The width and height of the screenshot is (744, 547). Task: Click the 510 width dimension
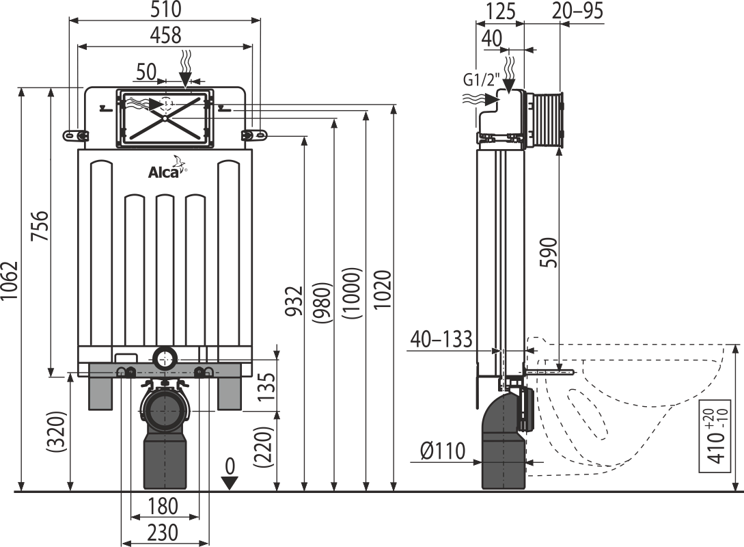pyautogui.click(x=165, y=9)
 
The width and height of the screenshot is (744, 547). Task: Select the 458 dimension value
pyautogui.click(x=165, y=35)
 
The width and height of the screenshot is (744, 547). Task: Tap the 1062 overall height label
pyautogui.click(x=9, y=280)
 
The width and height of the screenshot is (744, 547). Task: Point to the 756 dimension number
pyautogui.click(x=40, y=226)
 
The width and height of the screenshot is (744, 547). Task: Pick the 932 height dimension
pyautogui.click(x=294, y=301)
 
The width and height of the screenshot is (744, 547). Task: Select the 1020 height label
pyautogui.click(x=383, y=290)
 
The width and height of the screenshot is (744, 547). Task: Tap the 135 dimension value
pyautogui.click(x=268, y=386)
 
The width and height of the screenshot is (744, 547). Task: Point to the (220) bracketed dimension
pyautogui.click(x=264, y=448)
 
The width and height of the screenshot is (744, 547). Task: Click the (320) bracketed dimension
pyautogui.click(x=55, y=431)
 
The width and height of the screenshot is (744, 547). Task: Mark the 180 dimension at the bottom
pyautogui.click(x=163, y=506)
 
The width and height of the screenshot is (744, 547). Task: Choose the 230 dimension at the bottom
pyautogui.click(x=163, y=533)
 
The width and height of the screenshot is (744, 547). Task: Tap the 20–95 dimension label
pyautogui.click(x=578, y=10)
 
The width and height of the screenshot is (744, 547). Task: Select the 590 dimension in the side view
pyautogui.click(x=549, y=252)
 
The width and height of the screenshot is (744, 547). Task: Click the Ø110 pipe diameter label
pyautogui.click(x=443, y=451)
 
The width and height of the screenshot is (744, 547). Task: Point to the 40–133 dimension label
pyautogui.click(x=441, y=339)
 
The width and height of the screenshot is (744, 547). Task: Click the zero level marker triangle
pyautogui.click(x=230, y=483)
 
